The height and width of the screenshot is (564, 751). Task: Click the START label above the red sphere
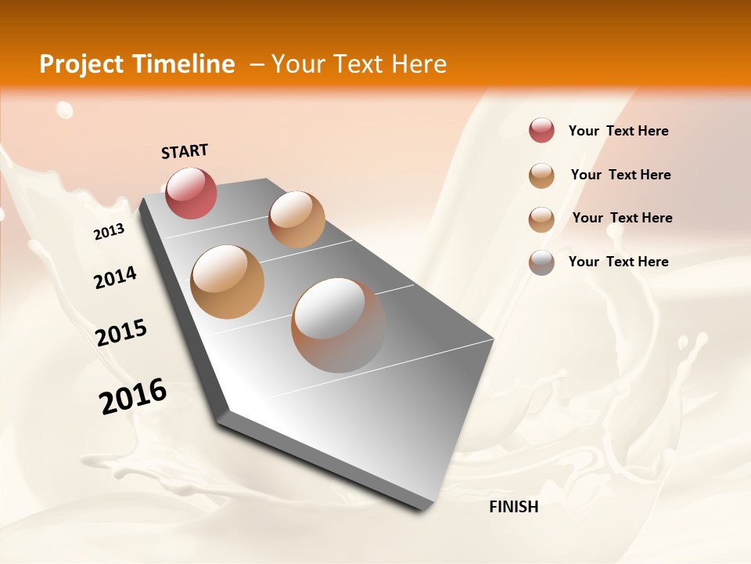[x=185, y=151]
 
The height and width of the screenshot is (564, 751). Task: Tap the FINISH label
[x=513, y=507]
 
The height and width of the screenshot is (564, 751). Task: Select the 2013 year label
[x=109, y=231]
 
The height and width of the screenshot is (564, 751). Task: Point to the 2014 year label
[x=115, y=278]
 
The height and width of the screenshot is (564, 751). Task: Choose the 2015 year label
[x=121, y=333]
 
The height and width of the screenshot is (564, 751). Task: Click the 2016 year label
[x=133, y=396]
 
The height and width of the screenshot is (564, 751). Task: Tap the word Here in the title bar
[x=419, y=64]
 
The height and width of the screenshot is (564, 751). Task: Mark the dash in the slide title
[x=256, y=65]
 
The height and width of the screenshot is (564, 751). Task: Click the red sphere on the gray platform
[x=192, y=193]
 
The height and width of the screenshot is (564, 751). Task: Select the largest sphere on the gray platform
[x=339, y=324]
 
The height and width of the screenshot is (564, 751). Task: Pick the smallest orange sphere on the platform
[x=296, y=219]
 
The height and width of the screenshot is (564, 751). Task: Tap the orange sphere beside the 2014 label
[x=228, y=282]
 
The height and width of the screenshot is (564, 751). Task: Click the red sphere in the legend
[x=541, y=130]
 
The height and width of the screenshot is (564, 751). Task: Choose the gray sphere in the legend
[x=541, y=262]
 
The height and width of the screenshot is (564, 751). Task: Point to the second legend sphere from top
[x=541, y=175]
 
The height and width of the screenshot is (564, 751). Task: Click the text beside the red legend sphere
[x=618, y=131]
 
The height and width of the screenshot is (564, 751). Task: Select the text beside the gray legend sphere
[x=618, y=262]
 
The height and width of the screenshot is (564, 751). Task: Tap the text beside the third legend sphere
[x=622, y=218]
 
